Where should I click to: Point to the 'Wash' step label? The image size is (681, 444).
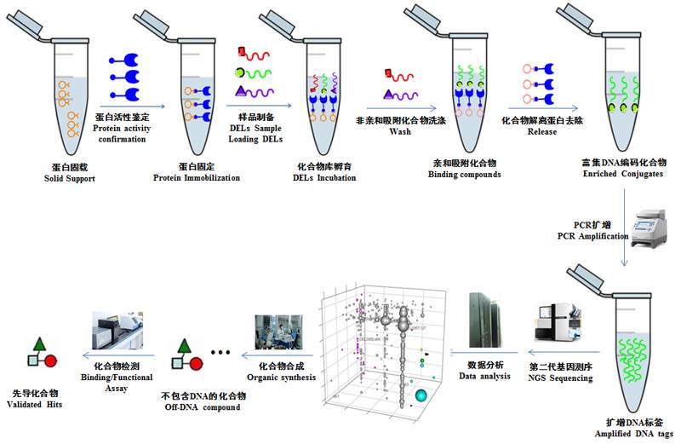399,132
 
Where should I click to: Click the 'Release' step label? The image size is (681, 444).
542,132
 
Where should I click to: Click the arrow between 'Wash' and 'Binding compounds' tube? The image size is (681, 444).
399,110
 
